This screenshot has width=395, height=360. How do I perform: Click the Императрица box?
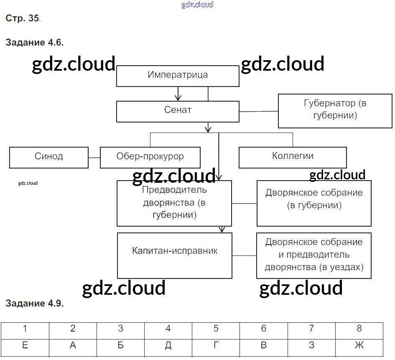[178, 76]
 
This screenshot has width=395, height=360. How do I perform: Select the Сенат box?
[178, 111]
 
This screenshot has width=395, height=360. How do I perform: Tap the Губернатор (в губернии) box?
[335, 110]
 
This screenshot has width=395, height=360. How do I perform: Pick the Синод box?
[49, 157]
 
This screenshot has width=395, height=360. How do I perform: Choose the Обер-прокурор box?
[150, 157]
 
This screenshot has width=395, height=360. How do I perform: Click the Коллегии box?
[293, 157]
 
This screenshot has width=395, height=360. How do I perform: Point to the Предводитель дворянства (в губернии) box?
[174, 203]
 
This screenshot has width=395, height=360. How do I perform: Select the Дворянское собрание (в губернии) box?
[314, 203]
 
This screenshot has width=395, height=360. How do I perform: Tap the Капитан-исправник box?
[175, 255]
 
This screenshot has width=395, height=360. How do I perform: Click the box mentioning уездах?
[314, 255]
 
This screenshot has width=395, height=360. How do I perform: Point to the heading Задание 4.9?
[34, 304]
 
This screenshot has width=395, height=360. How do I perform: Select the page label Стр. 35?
[23, 18]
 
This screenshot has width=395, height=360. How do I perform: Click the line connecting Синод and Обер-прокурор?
[94, 158]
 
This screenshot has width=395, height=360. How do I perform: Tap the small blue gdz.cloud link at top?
[197, 5]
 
